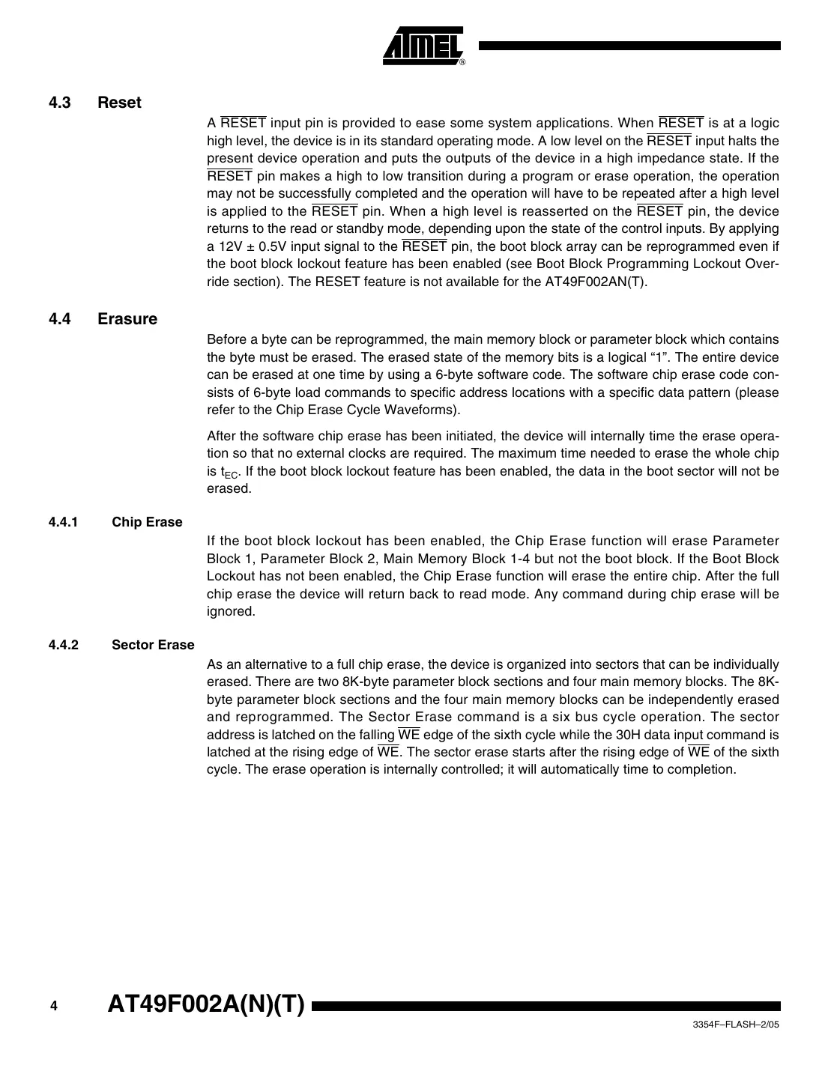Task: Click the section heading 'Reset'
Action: point(119,103)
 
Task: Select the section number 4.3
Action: point(59,103)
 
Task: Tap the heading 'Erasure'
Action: point(127,319)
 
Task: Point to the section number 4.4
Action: point(59,319)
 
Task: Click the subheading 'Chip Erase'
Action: point(147,522)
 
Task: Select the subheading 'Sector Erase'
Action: point(153,645)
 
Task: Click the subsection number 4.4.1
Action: point(63,522)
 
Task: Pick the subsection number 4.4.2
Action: point(63,645)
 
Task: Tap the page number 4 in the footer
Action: point(53,1007)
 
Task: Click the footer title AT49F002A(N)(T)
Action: point(206,1005)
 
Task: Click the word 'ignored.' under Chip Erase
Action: point(231,611)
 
